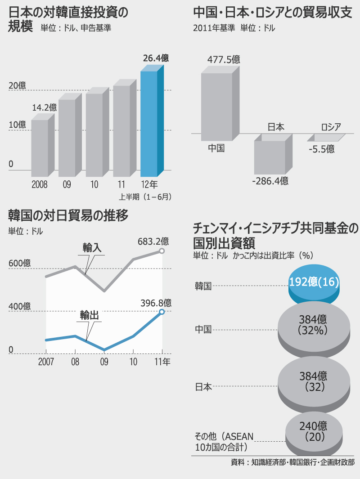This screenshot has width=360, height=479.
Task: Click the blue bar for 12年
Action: (149, 124)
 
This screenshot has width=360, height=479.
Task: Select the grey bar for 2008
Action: (39, 148)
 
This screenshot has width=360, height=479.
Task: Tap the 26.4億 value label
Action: (156, 58)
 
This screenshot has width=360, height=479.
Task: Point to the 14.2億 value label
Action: (45, 107)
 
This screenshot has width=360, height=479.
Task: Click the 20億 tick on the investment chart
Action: (17, 85)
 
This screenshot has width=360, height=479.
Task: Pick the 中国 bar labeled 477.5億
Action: (216, 107)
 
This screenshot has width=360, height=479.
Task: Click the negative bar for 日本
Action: (270, 157)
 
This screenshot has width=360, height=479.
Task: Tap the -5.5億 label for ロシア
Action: (321, 149)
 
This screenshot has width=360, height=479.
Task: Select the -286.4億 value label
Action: (270, 181)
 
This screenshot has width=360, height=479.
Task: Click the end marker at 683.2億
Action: (162, 251)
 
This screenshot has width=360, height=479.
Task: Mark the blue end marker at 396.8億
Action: (162, 312)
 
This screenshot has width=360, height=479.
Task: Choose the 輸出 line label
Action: (90, 315)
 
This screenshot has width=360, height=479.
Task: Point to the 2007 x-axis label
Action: (46, 362)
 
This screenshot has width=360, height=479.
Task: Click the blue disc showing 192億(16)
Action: (314, 283)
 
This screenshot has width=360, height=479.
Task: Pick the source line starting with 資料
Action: (292, 462)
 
